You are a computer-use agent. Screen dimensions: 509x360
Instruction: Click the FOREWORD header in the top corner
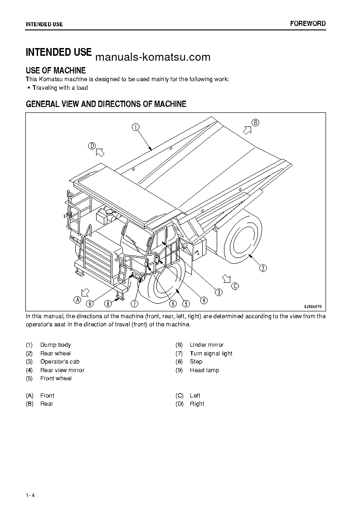tap(307, 24)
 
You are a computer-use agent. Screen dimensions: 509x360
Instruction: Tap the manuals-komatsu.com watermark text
tap(153, 57)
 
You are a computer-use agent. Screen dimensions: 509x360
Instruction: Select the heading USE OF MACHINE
tap(56, 70)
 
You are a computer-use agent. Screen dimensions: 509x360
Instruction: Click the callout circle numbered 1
tap(136, 127)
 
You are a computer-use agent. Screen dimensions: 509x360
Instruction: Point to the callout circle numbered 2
tap(263, 268)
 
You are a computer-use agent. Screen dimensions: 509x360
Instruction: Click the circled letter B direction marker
tap(255, 122)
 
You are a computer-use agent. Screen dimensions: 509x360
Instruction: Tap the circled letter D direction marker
tap(92, 146)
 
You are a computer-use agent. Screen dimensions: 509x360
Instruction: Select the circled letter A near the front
tap(78, 299)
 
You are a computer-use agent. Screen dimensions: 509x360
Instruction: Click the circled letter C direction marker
tap(234, 286)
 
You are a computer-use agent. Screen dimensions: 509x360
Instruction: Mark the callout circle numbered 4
tap(204, 299)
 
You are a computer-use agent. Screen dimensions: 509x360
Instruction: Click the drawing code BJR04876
tap(312, 306)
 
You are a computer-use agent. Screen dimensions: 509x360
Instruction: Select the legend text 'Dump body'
tap(55, 345)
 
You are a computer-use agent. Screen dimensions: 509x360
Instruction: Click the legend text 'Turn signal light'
tap(211, 354)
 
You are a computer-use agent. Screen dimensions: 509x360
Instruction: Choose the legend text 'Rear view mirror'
tap(62, 370)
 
